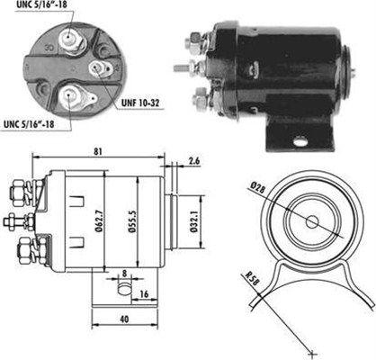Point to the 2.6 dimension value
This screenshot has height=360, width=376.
click(194, 161)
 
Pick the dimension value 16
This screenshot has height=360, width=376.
click(145, 294)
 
